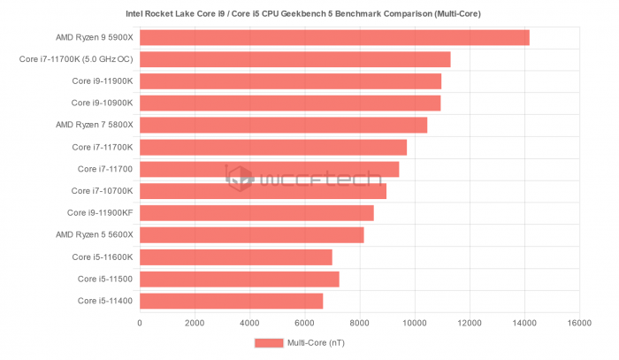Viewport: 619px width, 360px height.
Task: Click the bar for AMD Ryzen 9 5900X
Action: tap(334, 37)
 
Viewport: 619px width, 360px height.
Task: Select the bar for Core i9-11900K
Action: tap(290, 81)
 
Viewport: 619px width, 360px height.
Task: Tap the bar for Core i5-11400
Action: tap(232, 302)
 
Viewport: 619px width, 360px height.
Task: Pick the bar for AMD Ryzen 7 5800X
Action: tap(283, 126)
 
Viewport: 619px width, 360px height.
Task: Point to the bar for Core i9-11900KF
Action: tap(256, 213)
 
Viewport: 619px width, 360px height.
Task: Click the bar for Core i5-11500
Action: tap(239, 280)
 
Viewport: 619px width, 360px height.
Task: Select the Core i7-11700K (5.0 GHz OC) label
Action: tap(76, 59)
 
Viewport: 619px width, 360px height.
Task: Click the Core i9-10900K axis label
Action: tap(102, 103)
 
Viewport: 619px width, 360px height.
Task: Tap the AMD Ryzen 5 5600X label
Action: tap(94, 235)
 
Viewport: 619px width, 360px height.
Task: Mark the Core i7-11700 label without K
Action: tap(104, 169)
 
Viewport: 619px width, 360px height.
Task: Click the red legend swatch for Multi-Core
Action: tap(267, 342)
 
